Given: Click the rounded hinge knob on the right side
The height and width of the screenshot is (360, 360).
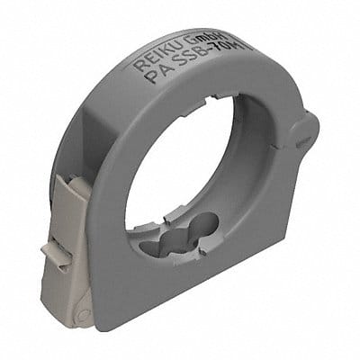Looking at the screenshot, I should (304, 130).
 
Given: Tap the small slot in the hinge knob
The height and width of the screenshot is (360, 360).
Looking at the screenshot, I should (306, 134).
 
